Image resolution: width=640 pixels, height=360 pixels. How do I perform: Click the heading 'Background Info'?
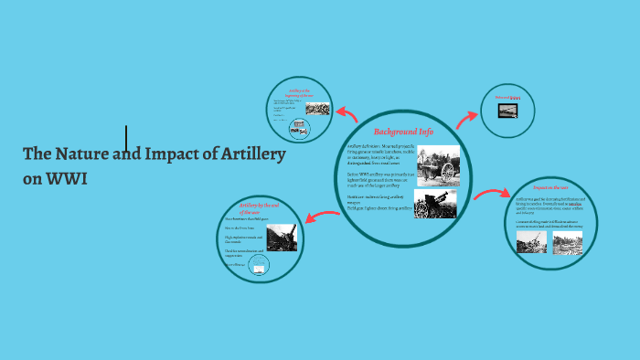402,132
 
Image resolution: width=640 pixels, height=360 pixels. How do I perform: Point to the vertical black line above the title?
126,138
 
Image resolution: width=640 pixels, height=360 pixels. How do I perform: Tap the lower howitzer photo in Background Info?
435,204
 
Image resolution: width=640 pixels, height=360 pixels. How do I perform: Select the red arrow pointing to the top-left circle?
347,113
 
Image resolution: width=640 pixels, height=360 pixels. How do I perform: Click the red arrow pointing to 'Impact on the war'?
492,195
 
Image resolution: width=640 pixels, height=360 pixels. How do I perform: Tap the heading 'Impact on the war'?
551,187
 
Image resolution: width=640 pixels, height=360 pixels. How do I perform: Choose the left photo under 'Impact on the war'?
531,241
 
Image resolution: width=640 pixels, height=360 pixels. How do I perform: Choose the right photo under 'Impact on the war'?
567,242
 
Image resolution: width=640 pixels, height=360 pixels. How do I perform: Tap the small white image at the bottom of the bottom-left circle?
259,270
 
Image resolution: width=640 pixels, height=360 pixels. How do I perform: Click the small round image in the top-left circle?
298,129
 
